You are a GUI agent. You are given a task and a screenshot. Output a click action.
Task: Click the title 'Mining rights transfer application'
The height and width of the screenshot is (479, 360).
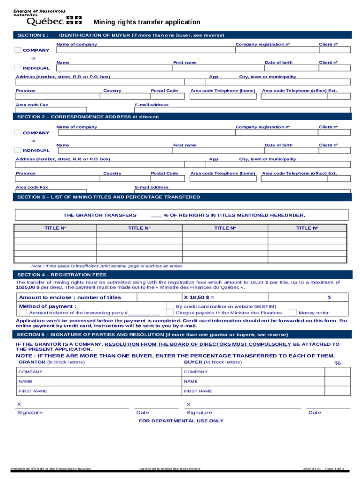[x=147, y=22]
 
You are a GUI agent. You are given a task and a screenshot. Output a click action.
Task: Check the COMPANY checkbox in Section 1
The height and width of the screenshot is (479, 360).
[x=18, y=50]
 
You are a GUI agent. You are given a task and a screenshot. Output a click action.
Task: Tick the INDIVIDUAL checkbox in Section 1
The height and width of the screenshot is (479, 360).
[x=18, y=68]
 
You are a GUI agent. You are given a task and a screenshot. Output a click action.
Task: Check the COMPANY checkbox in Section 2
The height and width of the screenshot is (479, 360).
[x=18, y=133]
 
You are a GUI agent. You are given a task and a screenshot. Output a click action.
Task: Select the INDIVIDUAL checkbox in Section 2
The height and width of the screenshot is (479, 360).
[x=18, y=150]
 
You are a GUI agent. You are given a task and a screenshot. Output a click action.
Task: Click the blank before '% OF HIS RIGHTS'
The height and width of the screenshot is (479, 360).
[x=156, y=216]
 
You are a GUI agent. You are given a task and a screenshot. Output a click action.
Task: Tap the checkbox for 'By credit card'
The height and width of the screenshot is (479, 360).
[x=170, y=306]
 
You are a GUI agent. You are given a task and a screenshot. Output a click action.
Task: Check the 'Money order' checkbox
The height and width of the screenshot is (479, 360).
[x=293, y=312]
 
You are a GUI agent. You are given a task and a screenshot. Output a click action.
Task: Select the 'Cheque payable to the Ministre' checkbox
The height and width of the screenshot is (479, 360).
[x=170, y=312]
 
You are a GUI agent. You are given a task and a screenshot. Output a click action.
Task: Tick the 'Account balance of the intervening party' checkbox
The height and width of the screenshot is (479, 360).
[x=22, y=312]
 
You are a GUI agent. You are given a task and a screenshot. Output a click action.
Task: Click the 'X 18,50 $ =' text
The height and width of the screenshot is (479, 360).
[x=199, y=298]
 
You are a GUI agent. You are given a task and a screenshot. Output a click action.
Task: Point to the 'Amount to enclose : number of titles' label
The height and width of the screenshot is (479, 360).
[x=70, y=298]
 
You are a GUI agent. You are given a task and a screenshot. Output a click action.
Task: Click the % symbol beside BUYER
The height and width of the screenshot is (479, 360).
[x=337, y=363]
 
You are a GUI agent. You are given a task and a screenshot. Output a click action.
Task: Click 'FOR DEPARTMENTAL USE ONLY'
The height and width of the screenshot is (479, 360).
[x=181, y=421]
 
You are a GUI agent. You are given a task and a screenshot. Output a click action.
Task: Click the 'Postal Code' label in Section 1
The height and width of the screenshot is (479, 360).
[x=164, y=91]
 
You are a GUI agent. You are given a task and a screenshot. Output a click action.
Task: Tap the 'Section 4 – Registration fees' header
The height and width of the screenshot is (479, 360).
[x=62, y=275]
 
